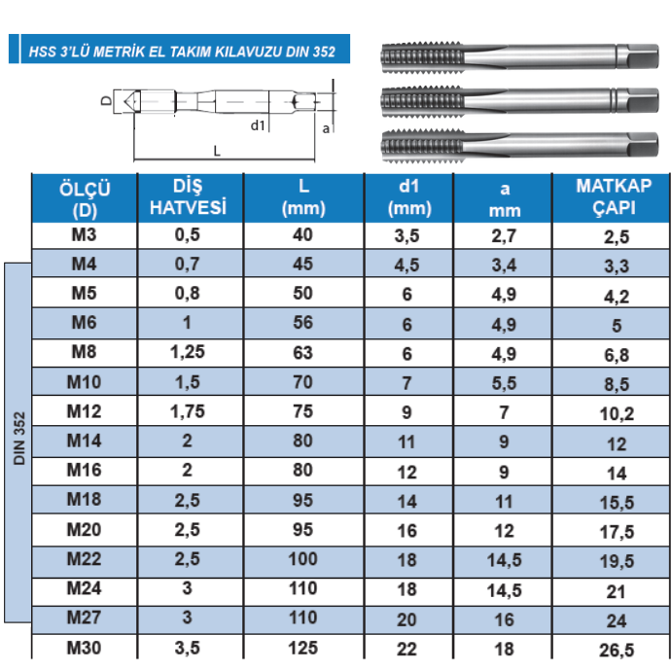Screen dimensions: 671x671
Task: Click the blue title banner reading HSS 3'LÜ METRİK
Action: pos(179,49)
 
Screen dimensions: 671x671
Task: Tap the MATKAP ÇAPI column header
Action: pos(614,196)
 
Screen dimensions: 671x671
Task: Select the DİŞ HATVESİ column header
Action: pos(188,196)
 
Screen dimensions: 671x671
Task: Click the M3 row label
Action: pos(84,235)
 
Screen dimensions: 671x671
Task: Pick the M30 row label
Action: pos(84,648)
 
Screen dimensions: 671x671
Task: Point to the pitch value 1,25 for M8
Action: pos(188,352)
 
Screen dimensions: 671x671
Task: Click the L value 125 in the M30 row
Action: pos(303,648)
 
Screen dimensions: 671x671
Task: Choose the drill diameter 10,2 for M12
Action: pos(617,414)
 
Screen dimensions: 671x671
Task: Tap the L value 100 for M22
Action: pos(303,559)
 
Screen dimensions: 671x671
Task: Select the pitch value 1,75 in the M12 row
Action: pos(188,411)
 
